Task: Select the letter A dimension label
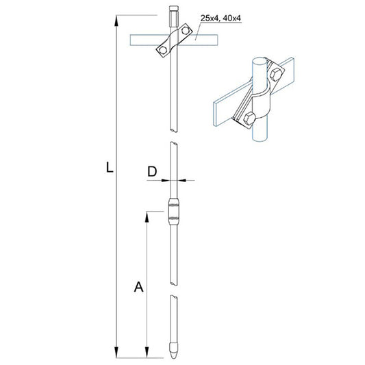coord(138,288)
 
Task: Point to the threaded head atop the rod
coord(173,14)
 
